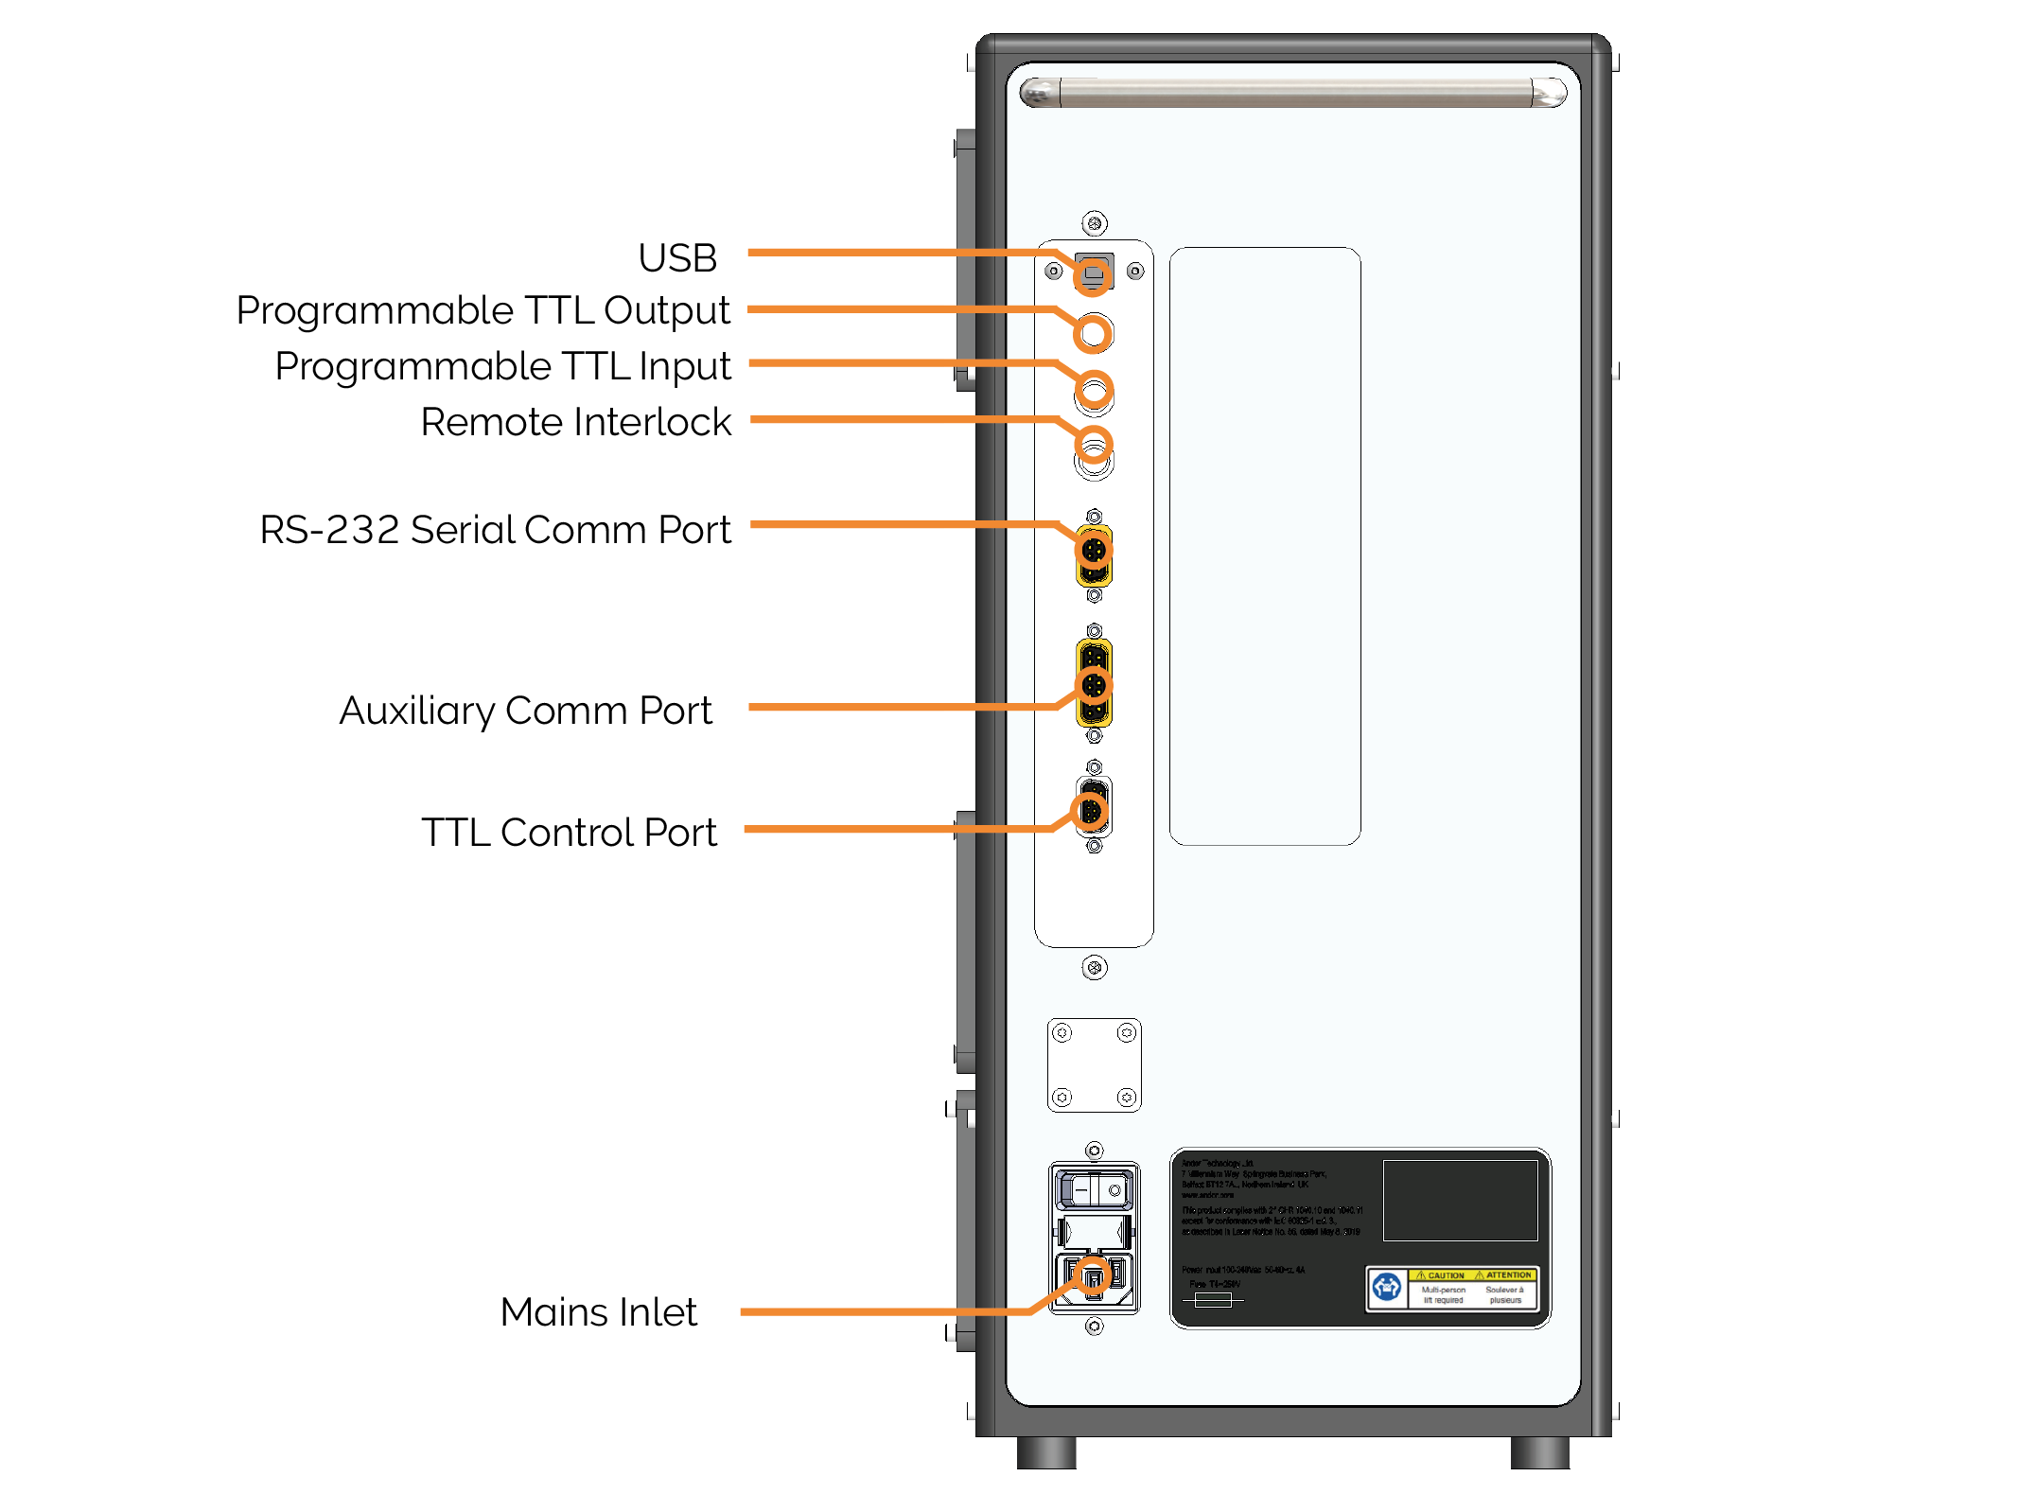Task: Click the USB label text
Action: (x=677, y=257)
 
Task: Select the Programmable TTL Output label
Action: (x=483, y=310)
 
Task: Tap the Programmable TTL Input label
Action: (x=502, y=366)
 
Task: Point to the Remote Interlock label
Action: (x=575, y=422)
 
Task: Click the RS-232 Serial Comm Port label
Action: (x=495, y=530)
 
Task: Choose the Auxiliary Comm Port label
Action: (x=525, y=711)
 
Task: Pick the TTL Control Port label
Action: (x=569, y=833)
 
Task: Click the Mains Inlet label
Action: (x=598, y=1312)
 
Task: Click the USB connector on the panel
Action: (x=1093, y=274)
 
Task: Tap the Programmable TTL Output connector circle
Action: (x=1094, y=333)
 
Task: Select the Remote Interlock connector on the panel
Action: (x=1094, y=447)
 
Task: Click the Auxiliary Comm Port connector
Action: (x=1094, y=683)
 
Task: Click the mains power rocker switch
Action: (x=1094, y=1189)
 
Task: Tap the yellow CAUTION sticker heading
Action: (x=1439, y=1275)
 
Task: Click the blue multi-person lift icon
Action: (x=1386, y=1288)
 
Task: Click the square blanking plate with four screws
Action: (x=1094, y=1064)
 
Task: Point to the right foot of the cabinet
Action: (x=1539, y=1452)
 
